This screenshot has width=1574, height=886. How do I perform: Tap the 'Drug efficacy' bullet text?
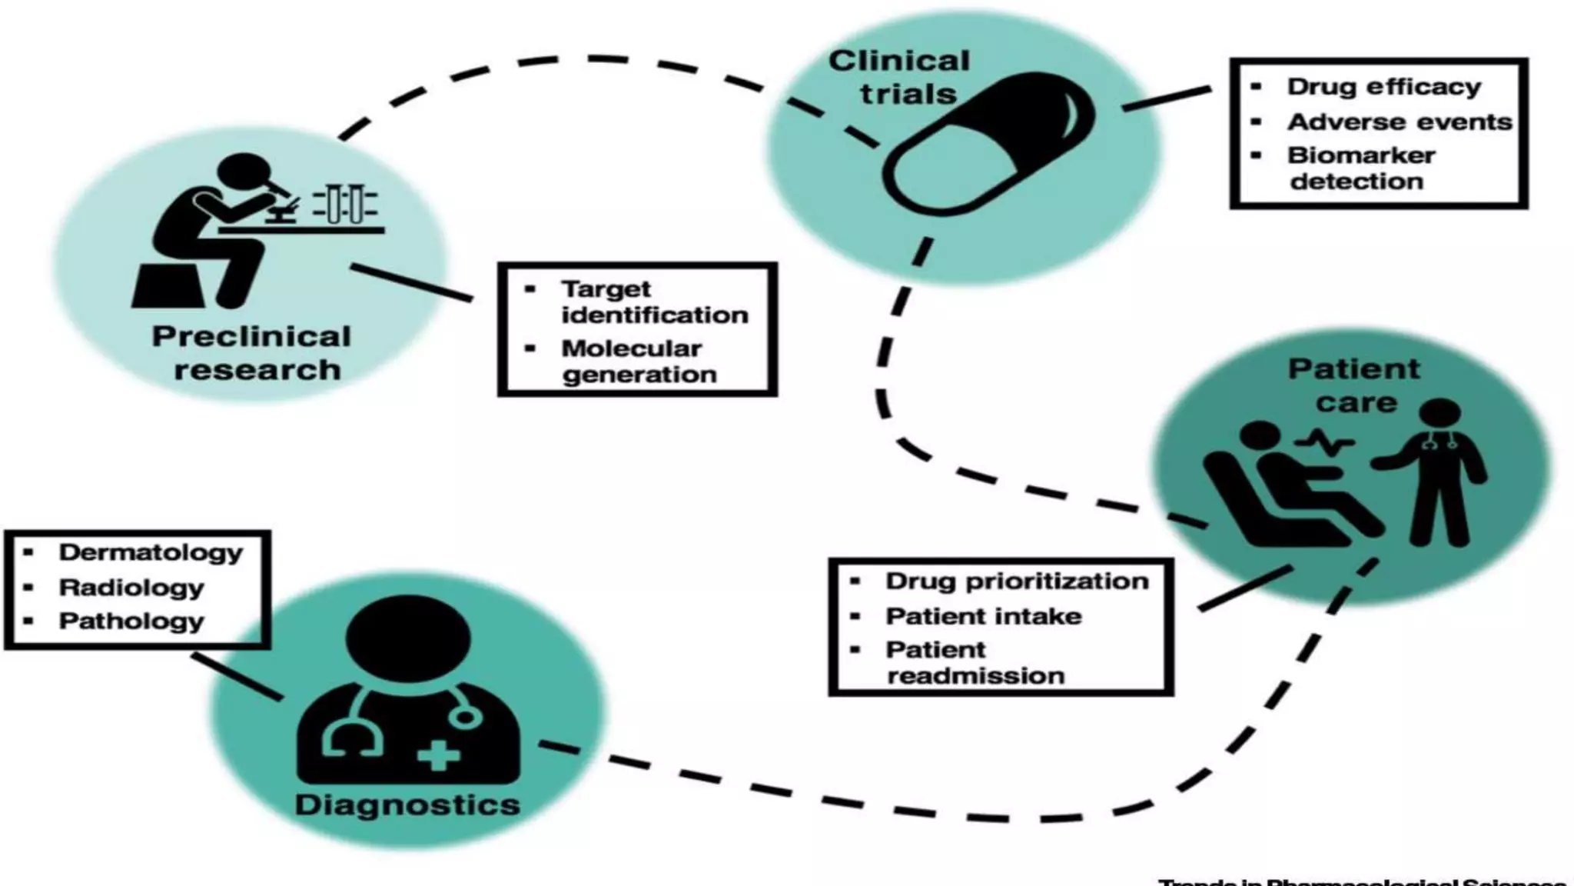[x=1383, y=87]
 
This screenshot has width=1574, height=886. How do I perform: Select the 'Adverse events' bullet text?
[x=1400, y=122]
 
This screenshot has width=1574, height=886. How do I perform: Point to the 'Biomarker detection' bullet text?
[x=1360, y=168]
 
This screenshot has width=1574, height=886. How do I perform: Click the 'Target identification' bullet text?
[x=654, y=301]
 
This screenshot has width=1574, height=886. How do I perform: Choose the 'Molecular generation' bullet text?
[x=638, y=361]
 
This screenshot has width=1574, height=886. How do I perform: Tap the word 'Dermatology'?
[x=151, y=552]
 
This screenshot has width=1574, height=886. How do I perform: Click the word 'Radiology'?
[x=131, y=588]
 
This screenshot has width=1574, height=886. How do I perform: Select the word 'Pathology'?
[x=131, y=621]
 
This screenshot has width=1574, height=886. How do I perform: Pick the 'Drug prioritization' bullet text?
[x=1017, y=581]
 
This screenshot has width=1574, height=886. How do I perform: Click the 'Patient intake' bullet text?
[x=983, y=616]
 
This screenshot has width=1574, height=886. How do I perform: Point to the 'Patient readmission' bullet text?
[x=975, y=662]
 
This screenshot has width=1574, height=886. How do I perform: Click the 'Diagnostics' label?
[x=407, y=805]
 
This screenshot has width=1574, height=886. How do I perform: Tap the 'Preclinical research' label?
[x=252, y=353]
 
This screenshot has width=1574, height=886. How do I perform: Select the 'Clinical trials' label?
[x=901, y=77]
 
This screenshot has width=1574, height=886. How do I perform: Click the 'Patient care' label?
[x=1354, y=385]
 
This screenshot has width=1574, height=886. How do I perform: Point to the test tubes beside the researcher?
[x=344, y=204]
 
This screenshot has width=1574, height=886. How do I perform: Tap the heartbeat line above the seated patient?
[x=1324, y=443]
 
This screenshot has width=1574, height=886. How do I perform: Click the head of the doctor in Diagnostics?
[x=408, y=638]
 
